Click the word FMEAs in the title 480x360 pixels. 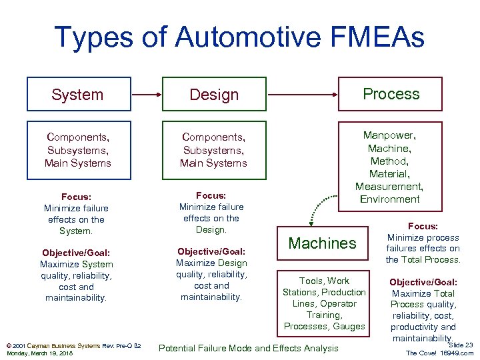[367, 37]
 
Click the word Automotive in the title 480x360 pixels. [234, 37]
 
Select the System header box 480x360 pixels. [77, 94]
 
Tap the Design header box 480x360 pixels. [214, 94]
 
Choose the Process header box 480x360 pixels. [391, 93]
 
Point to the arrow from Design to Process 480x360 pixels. [303, 94]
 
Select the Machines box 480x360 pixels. [323, 243]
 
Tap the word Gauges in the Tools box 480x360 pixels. [349, 326]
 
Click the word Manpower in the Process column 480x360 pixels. [390, 135]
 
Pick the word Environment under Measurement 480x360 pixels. [390, 199]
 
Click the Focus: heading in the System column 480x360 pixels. [77, 197]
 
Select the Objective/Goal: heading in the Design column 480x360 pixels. [211, 251]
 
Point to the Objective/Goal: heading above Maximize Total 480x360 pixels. [423, 281]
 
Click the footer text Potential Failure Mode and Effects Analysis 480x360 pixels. [248, 348]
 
